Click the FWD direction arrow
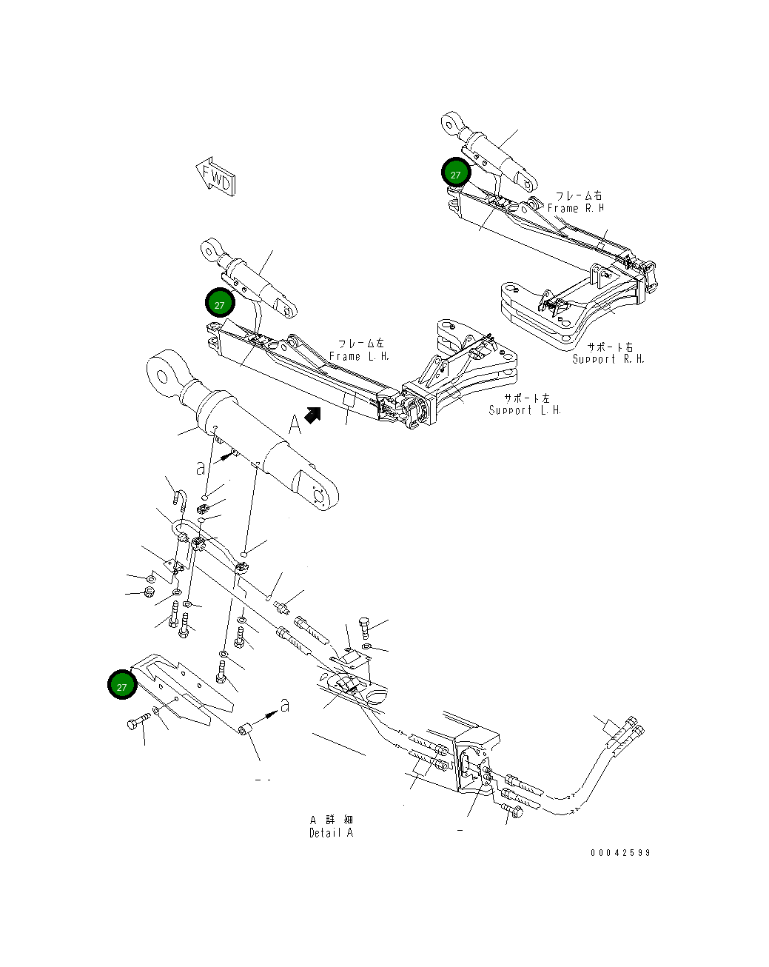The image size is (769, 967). [216, 177]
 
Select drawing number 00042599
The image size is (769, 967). [620, 853]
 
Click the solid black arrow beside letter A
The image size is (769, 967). [313, 416]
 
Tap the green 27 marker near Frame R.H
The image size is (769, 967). [456, 174]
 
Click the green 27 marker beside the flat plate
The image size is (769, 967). [122, 686]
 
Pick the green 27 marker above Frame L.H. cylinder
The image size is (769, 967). [219, 304]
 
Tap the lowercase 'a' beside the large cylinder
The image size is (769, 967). [201, 469]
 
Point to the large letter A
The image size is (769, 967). [295, 424]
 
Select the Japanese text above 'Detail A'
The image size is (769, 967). [331, 820]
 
